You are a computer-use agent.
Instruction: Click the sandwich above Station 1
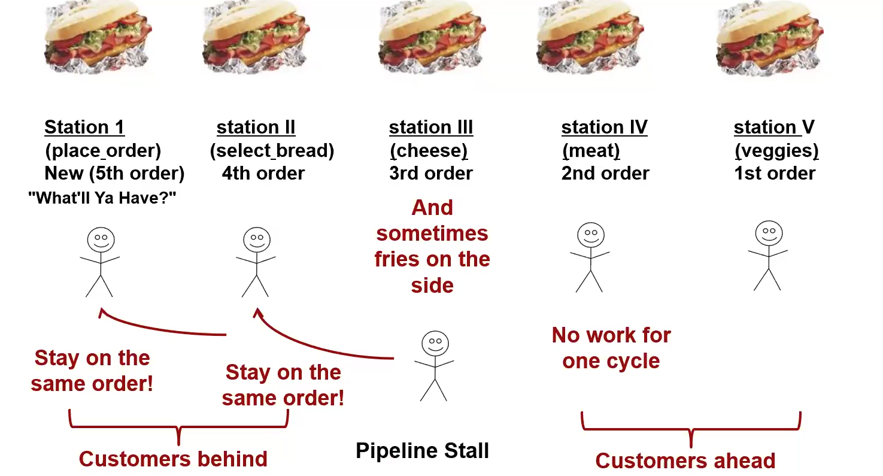[98, 39]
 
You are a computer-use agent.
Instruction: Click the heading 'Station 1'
[84, 128]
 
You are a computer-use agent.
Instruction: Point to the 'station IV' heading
[604, 128]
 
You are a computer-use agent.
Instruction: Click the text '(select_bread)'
[272, 150]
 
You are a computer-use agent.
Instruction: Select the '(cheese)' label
[429, 150]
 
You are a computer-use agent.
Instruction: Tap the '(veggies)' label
[776, 150]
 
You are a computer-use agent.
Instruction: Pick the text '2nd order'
[605, 174]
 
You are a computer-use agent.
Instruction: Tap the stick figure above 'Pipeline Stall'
[434, 365]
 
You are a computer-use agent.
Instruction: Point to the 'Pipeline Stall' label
[422, 450]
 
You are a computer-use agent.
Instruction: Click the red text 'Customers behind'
[173, 459]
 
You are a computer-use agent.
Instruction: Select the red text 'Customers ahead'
[685, 460]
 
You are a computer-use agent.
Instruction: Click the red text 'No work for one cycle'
[611, 348]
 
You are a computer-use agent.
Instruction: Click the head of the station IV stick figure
[591, 234]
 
